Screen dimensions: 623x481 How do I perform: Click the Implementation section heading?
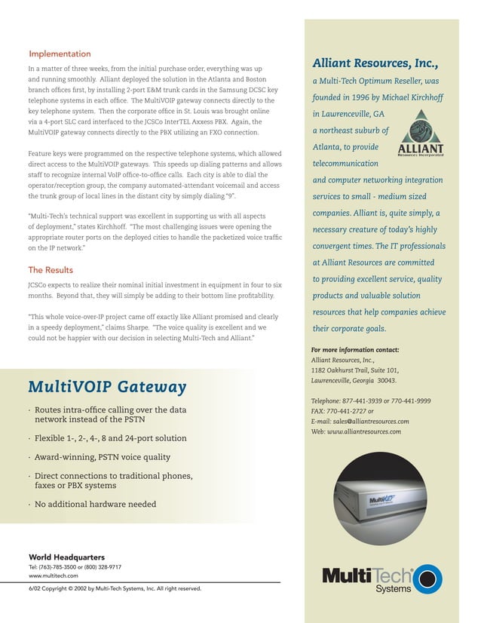[60, 54]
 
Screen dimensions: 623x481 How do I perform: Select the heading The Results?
[51, 269]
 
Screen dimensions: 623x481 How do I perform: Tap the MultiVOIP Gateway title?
[107, 387]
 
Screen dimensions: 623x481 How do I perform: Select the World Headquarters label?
[66, 557]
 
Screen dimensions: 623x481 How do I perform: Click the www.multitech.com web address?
[54, 575]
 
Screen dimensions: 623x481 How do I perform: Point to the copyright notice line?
[115, 588]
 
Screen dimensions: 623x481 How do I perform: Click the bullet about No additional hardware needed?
[95, 504]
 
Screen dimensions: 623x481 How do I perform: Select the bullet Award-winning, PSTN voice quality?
[103, 457]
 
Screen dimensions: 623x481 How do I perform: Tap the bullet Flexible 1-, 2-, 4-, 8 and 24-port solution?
[110, 438]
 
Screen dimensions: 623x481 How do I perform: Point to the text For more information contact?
[355, 350]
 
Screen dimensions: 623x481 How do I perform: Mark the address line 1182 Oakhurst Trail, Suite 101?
[355, 370]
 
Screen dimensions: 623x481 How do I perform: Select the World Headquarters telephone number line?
[75, 566]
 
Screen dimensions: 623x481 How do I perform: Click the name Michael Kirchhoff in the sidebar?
[415, 97]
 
